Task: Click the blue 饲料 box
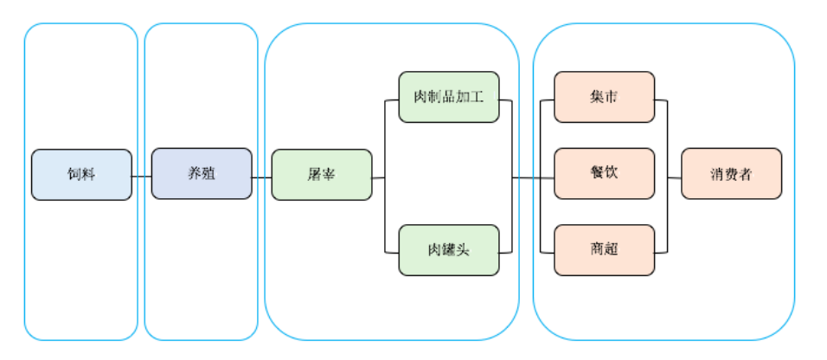(81, 175)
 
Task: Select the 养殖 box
(202, 174)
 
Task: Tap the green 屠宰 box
(322, 175)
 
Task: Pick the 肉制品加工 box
(448, 97)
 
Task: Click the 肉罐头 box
(448, 250)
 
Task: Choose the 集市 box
(604, 97)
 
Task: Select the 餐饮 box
(604, 173)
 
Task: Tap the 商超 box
(604, 250)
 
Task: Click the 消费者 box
(731, 174)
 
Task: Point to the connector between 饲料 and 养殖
(142, 177)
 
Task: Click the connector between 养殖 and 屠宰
(261, 177)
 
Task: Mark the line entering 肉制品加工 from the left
(391, 101)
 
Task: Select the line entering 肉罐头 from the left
(391, 253)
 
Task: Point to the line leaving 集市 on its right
(661, 101)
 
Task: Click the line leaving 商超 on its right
(661, 253)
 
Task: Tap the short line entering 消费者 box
(674, 177)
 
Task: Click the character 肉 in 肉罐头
(434, 250)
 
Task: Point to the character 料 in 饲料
(89, 175)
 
